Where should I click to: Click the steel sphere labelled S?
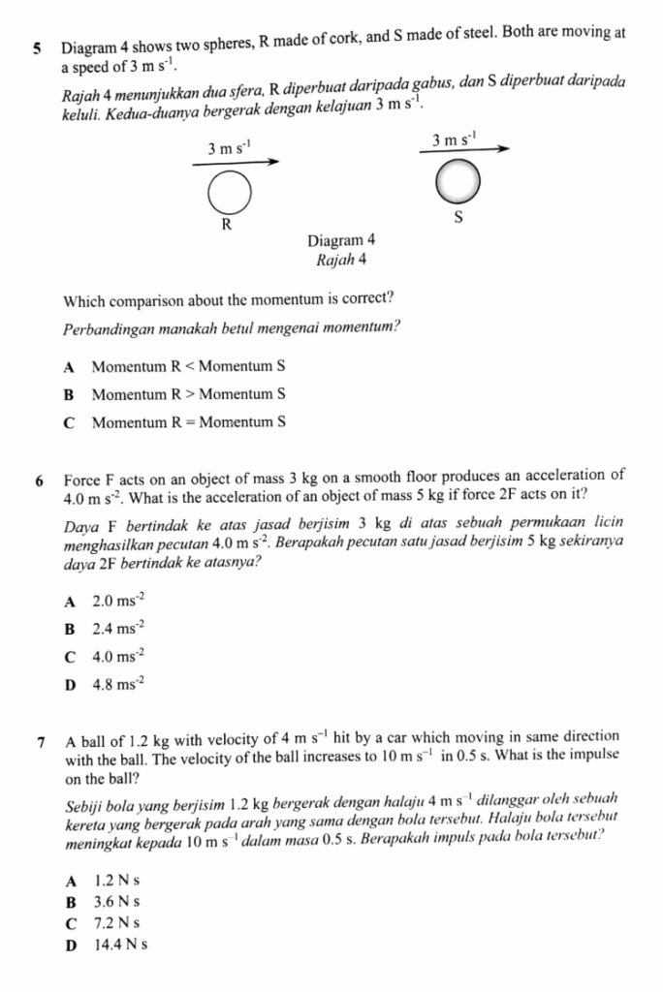coord(457,179)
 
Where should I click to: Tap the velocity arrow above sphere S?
coord(461,150)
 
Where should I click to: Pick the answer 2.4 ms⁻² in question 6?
coord(114,629)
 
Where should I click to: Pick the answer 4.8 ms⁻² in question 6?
coord(114,684)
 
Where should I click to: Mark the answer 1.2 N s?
coord(118,882)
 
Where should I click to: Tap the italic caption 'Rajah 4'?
coord(340,260)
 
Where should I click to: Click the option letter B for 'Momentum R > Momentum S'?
coord(69,395)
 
